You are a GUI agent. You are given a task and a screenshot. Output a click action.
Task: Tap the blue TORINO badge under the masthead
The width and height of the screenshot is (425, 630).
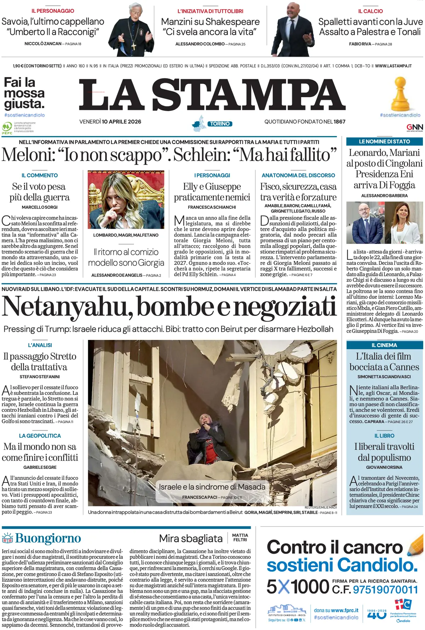point(220,124)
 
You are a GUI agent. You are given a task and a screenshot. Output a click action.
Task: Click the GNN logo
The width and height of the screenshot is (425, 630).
point(414,127)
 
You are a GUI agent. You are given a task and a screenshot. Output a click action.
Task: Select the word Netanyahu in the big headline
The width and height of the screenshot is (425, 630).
point(67,306)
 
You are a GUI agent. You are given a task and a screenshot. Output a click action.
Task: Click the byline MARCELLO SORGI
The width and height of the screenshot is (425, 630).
point(40,207)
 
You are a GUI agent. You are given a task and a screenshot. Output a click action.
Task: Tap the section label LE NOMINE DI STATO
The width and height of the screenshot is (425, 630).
point(384,142)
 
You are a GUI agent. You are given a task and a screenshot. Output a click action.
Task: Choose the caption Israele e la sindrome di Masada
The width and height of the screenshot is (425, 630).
point(212,487)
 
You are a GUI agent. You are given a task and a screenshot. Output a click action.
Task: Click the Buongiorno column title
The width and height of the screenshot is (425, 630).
point(48,539)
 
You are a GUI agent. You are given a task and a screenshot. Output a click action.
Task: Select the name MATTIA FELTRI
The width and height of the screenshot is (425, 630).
point(240,538)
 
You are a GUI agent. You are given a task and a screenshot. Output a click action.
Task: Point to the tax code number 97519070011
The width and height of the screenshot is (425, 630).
point(385,590)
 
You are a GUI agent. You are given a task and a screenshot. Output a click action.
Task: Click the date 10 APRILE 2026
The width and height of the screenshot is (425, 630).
point(121,122)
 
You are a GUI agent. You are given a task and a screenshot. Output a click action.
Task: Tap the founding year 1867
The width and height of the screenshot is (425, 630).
point(339,122)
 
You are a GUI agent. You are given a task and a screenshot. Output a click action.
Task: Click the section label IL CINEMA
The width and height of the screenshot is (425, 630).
point(384,345)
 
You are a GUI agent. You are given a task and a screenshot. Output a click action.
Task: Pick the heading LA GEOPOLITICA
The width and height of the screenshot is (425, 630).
point(40,436)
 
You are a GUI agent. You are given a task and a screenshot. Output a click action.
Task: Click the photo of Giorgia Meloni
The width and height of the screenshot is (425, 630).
point(126,200)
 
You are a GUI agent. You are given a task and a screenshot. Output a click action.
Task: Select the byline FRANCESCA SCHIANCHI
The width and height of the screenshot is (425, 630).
point(212,207)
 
